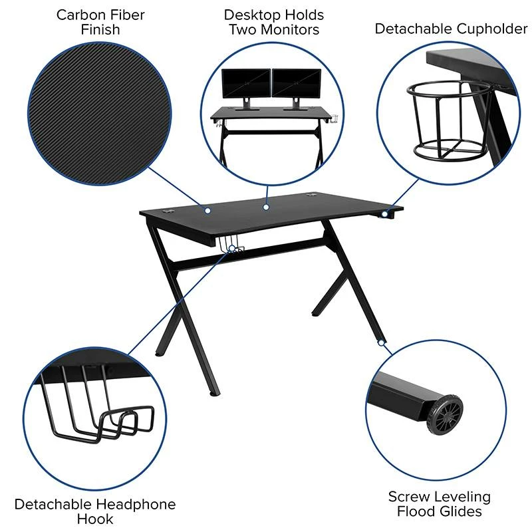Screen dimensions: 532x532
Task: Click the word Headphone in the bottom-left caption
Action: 135,504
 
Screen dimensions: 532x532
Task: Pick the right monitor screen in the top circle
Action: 297,83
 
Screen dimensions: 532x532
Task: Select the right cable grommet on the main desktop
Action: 312,196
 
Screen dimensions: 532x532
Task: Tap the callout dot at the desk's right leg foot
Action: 381,343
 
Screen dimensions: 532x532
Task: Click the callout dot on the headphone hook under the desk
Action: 232,249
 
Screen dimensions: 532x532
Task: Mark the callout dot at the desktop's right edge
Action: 384,214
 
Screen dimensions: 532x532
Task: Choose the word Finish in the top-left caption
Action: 100,30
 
